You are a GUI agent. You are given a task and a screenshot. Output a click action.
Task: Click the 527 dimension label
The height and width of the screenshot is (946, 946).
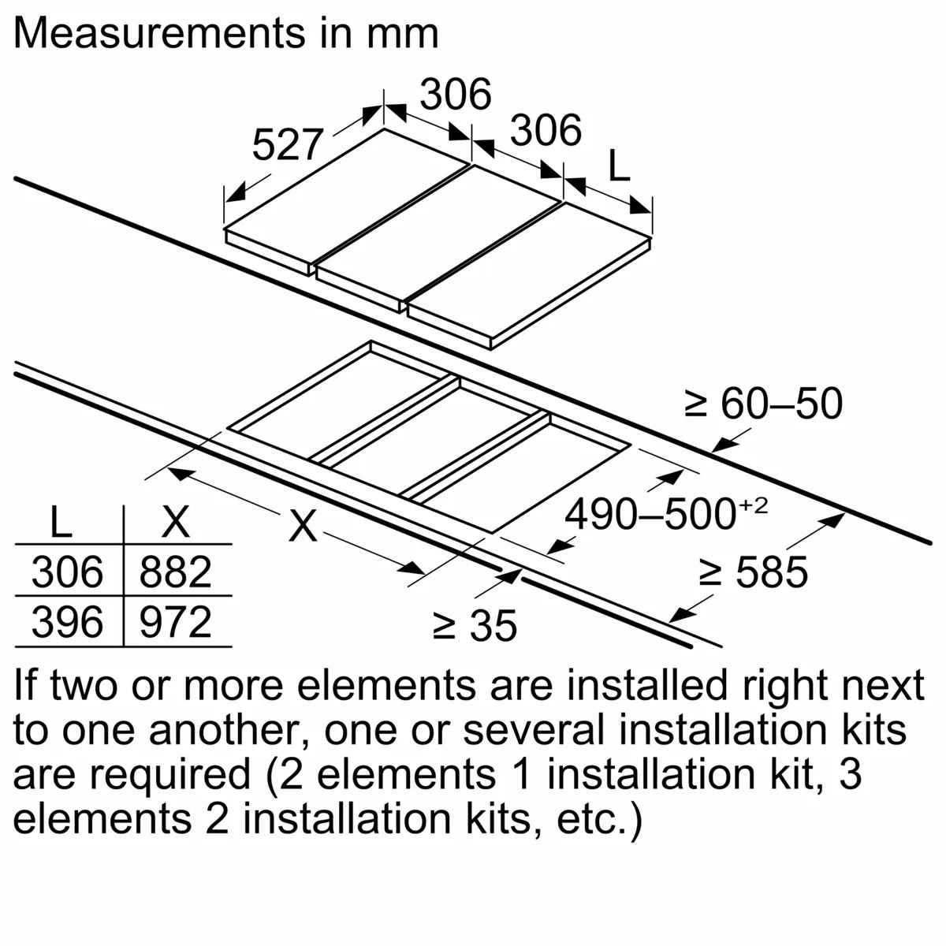point(287,145)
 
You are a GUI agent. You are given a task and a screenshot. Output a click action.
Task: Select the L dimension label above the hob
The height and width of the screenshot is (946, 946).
point(620,165)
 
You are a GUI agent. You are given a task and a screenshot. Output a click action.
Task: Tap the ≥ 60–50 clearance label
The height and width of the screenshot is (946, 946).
point(763,404)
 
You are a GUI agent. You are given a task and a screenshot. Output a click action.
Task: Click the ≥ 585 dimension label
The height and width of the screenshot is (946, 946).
point(754,572)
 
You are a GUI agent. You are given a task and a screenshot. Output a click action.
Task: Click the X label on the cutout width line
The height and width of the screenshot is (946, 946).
point(303,526)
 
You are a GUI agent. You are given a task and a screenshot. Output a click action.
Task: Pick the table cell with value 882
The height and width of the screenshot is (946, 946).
point(176,572)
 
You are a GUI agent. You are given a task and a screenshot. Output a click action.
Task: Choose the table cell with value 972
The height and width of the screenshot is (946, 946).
point(176,622)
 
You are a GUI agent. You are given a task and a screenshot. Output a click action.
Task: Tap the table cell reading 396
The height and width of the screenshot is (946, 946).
point(68,622)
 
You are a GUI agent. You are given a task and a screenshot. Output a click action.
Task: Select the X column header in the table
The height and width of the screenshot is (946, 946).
point(175,522)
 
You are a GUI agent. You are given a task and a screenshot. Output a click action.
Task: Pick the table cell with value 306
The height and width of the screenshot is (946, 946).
point(68,572)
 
